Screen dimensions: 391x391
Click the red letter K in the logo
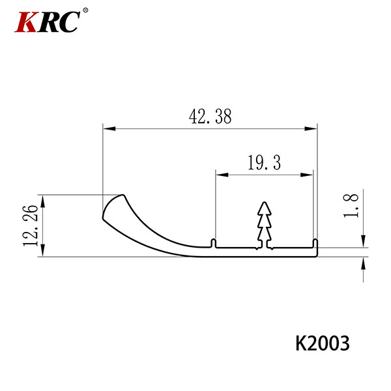(x=26, y=22)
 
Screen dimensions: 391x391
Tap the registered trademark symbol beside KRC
(x=85, y=10)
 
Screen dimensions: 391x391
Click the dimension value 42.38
(x=210, y=117)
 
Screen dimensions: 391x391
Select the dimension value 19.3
(x=265, y=162)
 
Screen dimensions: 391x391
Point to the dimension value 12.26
(x=31, y=225)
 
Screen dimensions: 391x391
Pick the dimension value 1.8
(x=351, y=206)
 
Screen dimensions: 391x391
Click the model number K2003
(x=323, y=343)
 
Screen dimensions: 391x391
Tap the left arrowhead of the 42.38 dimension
(x=109, y=128)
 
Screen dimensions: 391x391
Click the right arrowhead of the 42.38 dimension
(x=311, y=128)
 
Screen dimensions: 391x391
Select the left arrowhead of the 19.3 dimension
(x=222, y=175)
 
